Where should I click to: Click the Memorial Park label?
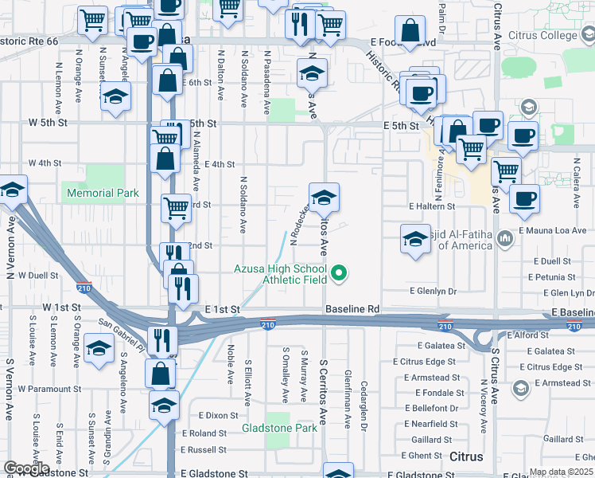[x=103, y=193]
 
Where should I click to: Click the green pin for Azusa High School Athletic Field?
[x=339, y=274]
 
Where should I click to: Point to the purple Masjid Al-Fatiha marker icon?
[x=504, y=238]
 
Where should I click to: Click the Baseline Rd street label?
[x=353, y=308]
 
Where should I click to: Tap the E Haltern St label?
[x=431, y=206]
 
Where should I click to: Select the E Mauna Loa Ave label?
[x=552, y=230]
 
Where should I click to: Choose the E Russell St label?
[x=204, y=449]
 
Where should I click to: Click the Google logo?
[x=25, y=468]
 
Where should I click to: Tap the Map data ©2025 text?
[x=561, y=472]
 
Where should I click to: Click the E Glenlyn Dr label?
[x=433, y=292]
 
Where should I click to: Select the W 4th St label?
[x=45, y=163]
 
